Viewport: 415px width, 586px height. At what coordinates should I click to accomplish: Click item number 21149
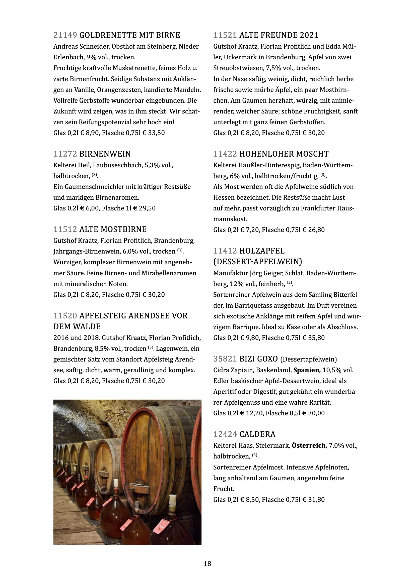click(65, 35)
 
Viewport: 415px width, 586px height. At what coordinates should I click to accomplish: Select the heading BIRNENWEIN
click(105, 154)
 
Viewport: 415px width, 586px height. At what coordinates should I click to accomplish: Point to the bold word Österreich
click(309, 446)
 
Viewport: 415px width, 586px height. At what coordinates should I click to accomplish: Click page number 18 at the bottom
click(207, 563)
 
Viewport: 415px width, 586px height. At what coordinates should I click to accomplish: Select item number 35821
click(225, 359)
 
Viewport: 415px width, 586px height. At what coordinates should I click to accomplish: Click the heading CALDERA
click(257, 434)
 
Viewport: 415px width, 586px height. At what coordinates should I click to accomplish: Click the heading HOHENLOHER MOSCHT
click(284, 154)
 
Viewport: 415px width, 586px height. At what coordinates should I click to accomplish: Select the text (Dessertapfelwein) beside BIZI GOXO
click(308, 359)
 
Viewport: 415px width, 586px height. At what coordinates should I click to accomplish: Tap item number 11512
click(65, 229)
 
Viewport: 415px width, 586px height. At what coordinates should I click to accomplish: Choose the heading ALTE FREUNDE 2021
click(279, 35)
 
